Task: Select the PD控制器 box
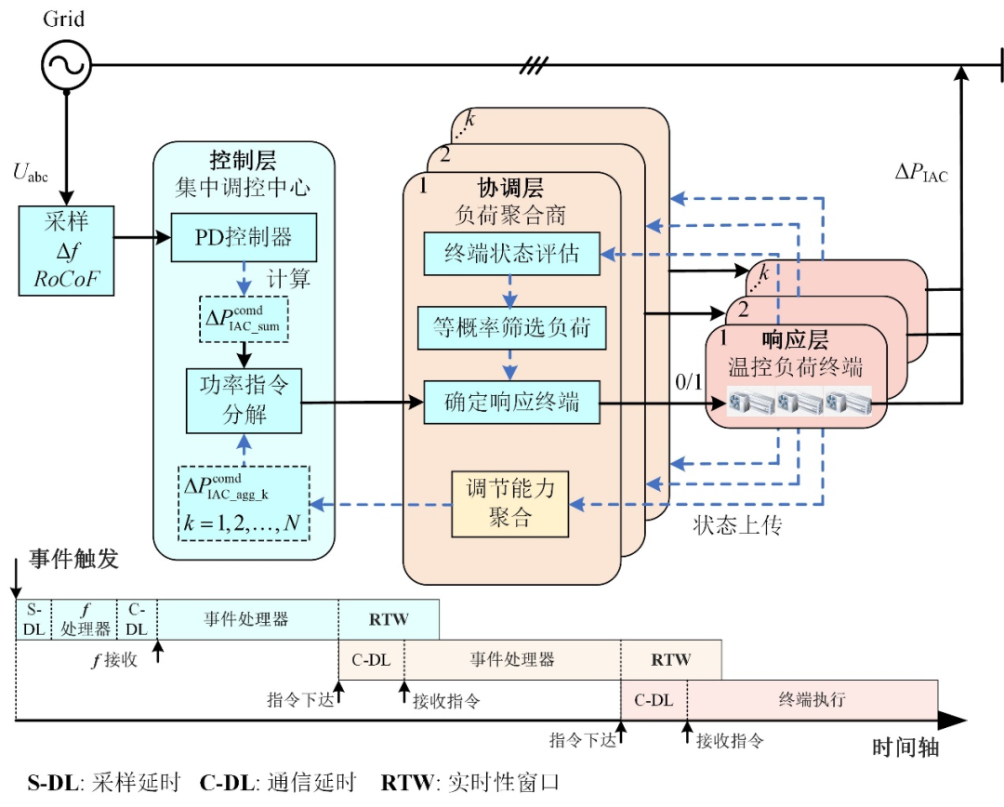point(244,238)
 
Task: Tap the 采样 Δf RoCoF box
point(66,250)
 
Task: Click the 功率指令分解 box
point(244,400)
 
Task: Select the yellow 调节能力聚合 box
point(509,503)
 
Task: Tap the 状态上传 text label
point(737,525)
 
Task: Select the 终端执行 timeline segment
point(812,699)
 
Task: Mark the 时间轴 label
point(905,749)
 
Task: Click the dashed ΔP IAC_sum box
point(244,318)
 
